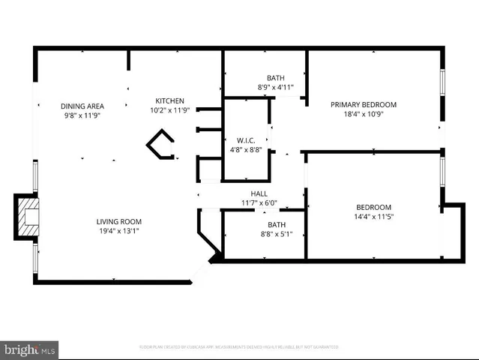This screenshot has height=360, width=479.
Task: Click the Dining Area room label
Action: point(82,106)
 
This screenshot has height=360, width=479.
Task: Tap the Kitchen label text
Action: point(169,101)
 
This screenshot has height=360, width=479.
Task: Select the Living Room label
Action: point(118,221)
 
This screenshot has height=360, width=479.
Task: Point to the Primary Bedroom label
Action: point(364,104)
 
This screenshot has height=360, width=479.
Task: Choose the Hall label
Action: point(259,193)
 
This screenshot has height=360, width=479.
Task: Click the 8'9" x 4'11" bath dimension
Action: point(276,87)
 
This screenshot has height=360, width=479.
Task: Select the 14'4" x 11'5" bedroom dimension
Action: point(373,216)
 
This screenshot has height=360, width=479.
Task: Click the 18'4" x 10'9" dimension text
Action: point(364,113)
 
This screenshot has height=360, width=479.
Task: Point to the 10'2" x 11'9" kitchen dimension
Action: point(169,110)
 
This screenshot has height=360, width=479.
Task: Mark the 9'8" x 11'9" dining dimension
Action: point(82,115)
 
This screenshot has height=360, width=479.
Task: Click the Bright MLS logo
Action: point(30,349)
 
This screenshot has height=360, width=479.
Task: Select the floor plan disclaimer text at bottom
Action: point(239,347)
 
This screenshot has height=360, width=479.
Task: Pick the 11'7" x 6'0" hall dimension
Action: point(259,202)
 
